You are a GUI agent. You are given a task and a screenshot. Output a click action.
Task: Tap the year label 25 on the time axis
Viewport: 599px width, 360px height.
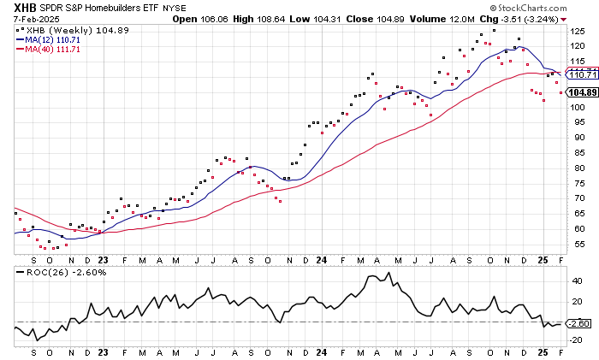click(543, 258)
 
